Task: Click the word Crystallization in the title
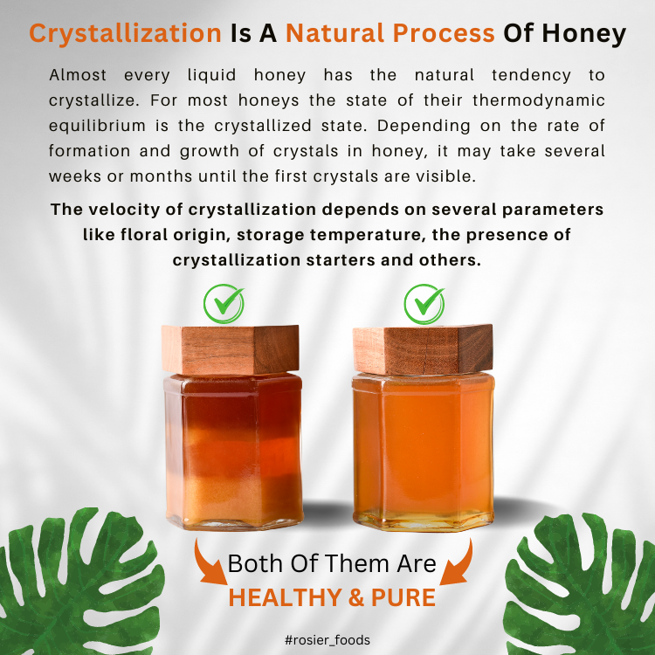pyautogui.click(x=125, y=33)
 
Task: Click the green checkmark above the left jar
pyautogui.click(x=224, y=303)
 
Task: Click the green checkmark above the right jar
pyautogui.click(x=424, y=303)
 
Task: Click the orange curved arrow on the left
pyautogui.click(x=209, y=568)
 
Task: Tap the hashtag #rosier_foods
pyautogui.click(x=327, y=640)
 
